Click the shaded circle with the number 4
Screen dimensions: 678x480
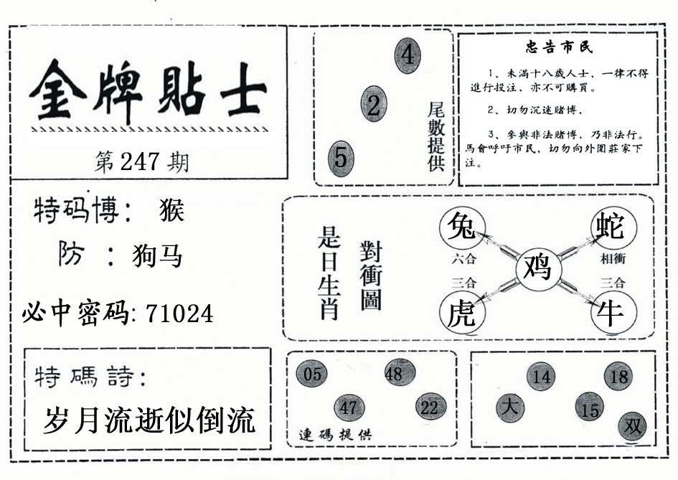pos(408,55)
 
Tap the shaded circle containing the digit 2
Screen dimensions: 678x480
pos(374,104)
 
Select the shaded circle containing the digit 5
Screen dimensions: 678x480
pos(341,159)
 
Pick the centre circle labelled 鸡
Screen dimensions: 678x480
pos(538,268)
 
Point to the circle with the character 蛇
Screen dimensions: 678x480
pos(614,227)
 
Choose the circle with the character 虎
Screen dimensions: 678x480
pos(462,312)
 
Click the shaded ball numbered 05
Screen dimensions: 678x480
pos(312,374)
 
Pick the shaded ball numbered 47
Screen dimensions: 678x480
pos(349,408)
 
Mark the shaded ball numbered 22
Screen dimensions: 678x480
pos(430,408)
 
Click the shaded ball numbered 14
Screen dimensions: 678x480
pos(541,376)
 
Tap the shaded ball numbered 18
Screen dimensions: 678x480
pos(618,376)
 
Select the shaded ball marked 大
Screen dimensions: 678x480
pos(510,408)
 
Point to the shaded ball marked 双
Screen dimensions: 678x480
pos(633,427)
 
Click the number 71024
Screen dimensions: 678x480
pos(179,314)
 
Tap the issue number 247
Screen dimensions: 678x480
pos(140,162)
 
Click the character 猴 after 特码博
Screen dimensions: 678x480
pos(172,210)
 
